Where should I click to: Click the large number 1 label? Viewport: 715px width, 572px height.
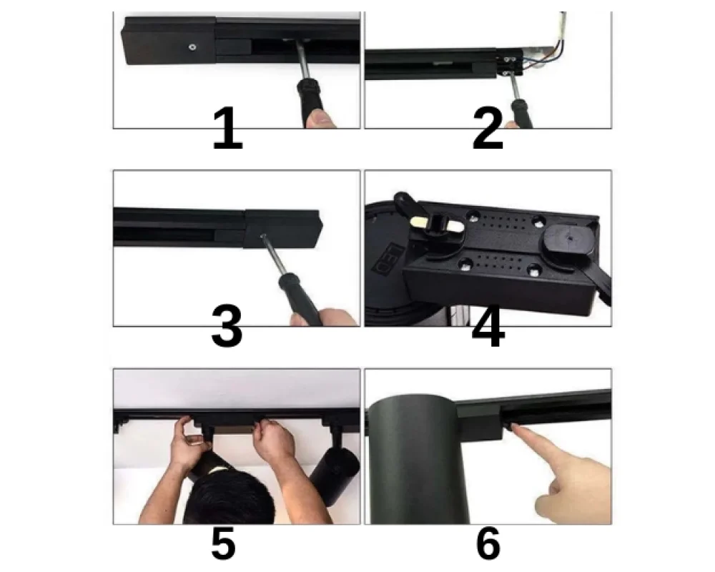[227, 130]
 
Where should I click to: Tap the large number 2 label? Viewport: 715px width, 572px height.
[488, 130]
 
